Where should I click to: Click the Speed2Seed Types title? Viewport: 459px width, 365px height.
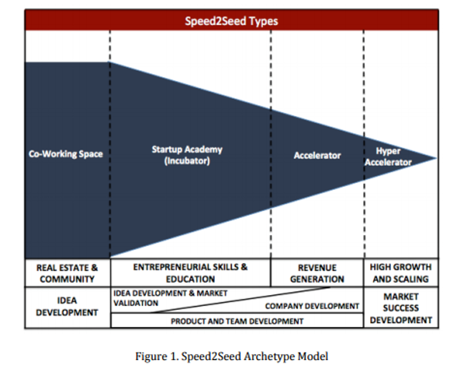click(x=232, y=22)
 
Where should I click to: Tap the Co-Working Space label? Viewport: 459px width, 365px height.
click(x=66, y=154)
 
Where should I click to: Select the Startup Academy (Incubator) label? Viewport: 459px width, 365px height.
click(x=187, y=155)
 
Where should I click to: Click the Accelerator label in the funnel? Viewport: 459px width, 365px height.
click(x=317, y=155)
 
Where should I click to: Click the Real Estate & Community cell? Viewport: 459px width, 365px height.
click(x=67, y=273)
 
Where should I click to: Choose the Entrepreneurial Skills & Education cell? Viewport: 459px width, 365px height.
click(x=190, y=273)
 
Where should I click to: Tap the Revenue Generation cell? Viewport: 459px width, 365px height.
click(x=317, y=273)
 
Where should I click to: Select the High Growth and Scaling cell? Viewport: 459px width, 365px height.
click(x=400, y=273)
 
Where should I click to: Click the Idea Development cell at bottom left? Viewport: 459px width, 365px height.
click(x=67, y=306)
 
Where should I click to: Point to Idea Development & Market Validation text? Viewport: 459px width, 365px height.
click(x=170, y=298)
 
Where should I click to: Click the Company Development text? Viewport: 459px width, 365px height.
click(x=312, y=306)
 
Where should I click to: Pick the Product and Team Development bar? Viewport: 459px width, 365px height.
click(x=237, y=321)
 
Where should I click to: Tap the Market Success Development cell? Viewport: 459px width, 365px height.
click(x=401, y=308)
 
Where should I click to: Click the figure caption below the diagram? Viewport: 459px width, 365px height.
click(x=232, y=356)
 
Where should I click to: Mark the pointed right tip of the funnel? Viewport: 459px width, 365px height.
click(x=435, y=158)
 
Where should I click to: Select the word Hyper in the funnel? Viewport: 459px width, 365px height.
click(x=388, y=151)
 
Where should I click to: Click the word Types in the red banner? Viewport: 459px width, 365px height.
click(x=263, y=22)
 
